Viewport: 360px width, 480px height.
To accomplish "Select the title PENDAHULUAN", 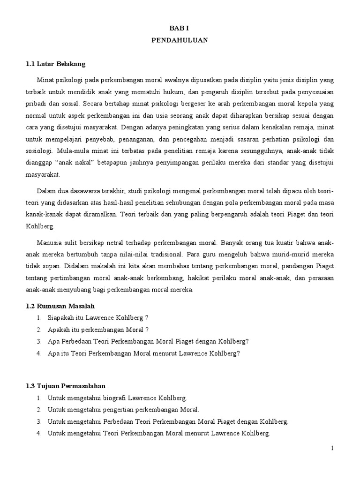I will point(180,41).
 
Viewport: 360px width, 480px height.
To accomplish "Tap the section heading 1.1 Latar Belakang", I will point(55,63).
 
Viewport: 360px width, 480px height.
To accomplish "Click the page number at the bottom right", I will point(332,448).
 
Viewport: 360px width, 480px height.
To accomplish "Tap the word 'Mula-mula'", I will point(71,151).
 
